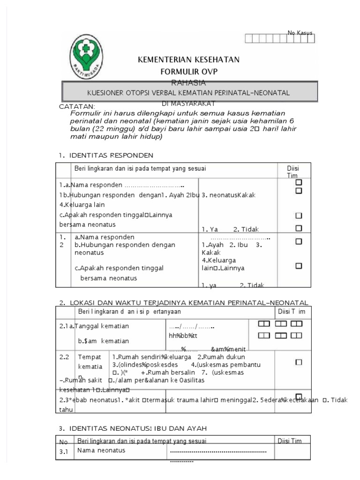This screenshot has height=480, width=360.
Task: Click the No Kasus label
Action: click(x=300, y=32)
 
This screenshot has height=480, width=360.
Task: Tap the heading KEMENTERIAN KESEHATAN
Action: click(x=188, y=60)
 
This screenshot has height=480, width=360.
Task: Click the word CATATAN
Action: click(x=77, y=107)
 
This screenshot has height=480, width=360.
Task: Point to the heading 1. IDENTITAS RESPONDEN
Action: click(x=106, y=155)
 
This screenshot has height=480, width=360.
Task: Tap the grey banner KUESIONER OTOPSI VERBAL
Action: click(x=189, y=93)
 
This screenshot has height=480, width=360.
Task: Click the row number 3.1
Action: click(x=64, y=452)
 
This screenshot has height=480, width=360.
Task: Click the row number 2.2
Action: click(x=64, y=357)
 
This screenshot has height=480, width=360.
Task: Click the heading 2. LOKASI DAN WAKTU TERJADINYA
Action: click(x=183, y=302)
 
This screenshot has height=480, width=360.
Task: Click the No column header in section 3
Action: click(x=63, y=441)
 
